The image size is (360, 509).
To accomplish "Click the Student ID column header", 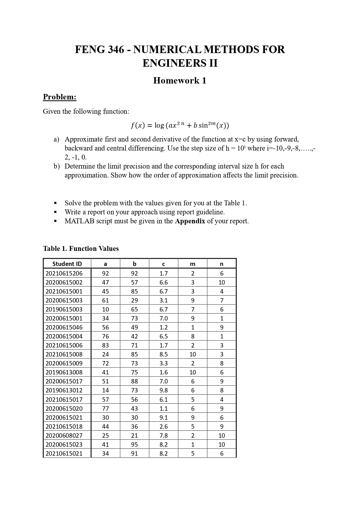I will click(x=67, y=264).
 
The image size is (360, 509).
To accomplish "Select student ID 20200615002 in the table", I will click(x=64, y=282).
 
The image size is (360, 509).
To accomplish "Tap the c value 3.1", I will click(x=164, y=300).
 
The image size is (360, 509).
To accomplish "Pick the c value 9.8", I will click(x=164, y=390).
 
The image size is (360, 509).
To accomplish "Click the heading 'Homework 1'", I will click(x=180, y=80).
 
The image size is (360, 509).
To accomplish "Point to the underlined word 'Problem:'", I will click(x=59, y=97).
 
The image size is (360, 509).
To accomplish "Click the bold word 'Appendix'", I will click(x=190, y=221).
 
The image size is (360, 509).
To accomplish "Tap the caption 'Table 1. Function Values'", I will click(x=81, y=249).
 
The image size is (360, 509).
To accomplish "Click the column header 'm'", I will click(x=193, y=264).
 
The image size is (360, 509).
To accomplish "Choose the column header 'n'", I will click(x=222, y=264).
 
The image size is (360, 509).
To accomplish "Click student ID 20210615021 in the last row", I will click(x=64, y=453).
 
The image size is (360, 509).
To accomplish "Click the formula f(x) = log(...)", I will click(x=180, y=125).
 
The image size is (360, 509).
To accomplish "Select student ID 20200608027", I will click(x=64, y=435).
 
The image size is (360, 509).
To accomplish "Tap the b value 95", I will click(x=134, y=444).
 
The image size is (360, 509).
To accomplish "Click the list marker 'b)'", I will click(x=57, y=166).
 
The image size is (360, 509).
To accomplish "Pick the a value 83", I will click(x=105, y=345).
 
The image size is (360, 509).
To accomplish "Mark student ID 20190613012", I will click(x=64, y=390).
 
